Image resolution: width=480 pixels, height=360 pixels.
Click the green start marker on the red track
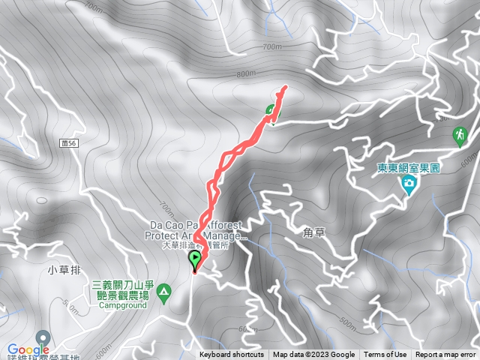pyautogui.click(x=196, y=261)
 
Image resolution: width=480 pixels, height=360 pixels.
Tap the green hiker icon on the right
pyautogui.click(x=458, y=136)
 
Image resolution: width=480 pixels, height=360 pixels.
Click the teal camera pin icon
pyautogui.click(x=409, y=184)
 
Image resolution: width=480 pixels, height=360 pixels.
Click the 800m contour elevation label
pyautogui.click(x=246, y=74)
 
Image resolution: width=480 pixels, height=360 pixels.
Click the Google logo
pyautogui.click(x=28, y=349)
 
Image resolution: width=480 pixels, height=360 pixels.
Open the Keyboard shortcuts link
pyautogui.click(x=231, y=355)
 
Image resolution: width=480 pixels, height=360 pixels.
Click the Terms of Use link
pyautogui.click(x=385, y=355)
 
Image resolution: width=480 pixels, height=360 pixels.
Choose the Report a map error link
pyautogui.click(x=445, y=355)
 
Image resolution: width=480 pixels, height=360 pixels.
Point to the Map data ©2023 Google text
pyautogui.click(x=313, y=355)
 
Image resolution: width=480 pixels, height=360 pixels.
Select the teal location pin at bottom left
pyautogui.click(x=43, y=337)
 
